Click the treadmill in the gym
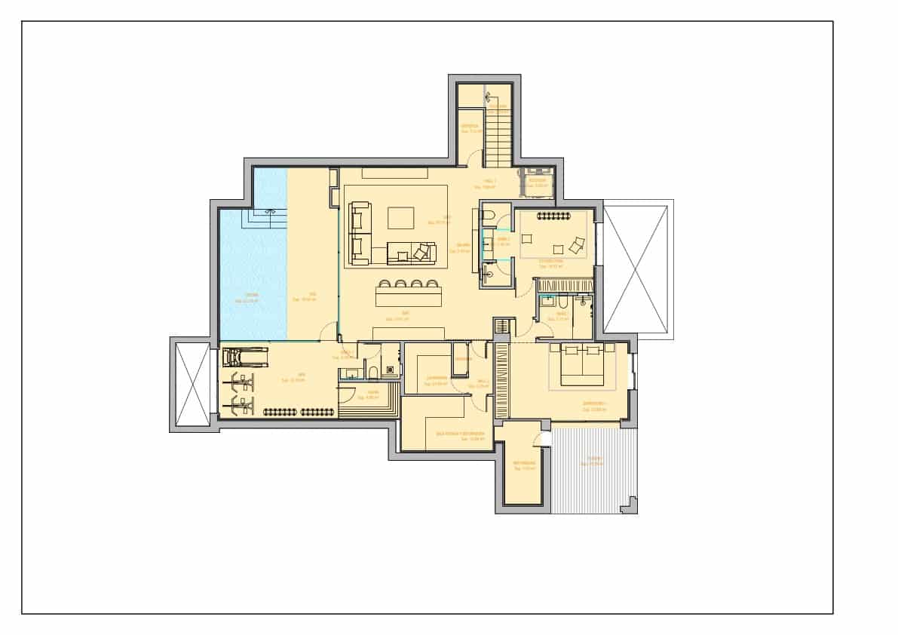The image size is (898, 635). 247,357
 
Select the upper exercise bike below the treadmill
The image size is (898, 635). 243,378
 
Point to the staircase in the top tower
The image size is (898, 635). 498,136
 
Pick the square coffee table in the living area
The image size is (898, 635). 401,218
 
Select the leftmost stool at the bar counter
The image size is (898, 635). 387,286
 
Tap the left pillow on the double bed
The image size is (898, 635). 572,350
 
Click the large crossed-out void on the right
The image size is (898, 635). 636,269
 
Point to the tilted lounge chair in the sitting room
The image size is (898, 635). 576,244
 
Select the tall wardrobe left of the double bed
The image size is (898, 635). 501,380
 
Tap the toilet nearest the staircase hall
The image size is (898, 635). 488,219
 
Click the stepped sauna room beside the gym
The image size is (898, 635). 369,400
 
